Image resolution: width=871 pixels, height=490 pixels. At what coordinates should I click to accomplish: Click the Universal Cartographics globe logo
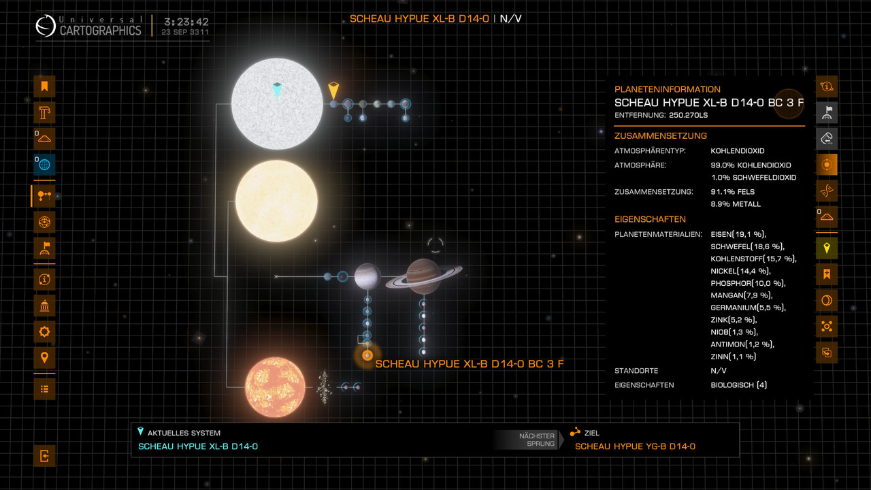[46, 26]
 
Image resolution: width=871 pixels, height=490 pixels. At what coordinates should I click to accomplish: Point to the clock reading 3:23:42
[186, 21]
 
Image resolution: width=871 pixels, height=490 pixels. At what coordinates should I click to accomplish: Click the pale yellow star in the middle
[276, 201]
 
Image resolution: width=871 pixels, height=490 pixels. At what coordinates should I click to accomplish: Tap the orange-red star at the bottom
[275, 388]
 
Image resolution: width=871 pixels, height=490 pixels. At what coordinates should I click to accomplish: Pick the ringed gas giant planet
[423, 276]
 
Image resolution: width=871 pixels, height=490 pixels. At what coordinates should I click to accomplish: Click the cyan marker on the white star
[277, 89]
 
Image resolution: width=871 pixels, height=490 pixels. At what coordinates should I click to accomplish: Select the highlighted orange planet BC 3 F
[367, 355]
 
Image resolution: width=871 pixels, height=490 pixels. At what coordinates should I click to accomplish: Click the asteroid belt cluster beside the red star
[324, 386]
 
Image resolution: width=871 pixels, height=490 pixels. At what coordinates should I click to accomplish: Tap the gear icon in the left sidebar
[44, 332]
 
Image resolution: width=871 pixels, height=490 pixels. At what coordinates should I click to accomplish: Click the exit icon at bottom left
[44, 456]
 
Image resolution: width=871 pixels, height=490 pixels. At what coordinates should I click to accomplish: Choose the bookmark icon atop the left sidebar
[44, 86]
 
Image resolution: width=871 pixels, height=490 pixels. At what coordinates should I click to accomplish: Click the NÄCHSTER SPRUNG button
[537, 440]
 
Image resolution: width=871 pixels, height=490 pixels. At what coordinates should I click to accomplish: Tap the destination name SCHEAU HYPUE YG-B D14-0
[635, 446]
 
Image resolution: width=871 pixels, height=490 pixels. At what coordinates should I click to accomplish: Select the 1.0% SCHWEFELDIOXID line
[753, 178]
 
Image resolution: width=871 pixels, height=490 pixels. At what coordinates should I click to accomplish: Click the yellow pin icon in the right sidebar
[827, 248]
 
